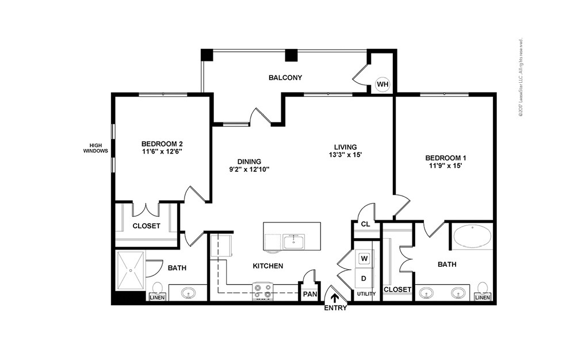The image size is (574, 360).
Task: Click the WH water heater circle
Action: point(382,85)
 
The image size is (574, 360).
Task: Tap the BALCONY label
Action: point(285,78)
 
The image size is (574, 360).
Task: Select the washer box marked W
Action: point(364,259)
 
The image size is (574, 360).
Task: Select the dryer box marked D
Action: point(364,278)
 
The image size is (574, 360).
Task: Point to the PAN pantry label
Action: point(310,294)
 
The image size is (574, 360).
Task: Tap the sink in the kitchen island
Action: point(294,242)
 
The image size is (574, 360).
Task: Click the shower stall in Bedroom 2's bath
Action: point(131,271)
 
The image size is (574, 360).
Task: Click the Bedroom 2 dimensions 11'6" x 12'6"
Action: point(162,152)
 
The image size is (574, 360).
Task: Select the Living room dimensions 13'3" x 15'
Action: point(345,155)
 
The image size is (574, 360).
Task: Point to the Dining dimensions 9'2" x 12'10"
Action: point(248,169)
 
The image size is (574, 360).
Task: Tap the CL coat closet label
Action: point(365,225)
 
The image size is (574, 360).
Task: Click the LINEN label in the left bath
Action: point(156,297)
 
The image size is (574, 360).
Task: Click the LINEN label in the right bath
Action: point(482,297)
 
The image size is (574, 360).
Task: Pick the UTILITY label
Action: point(366,294)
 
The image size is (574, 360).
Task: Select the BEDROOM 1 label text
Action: point(444,158)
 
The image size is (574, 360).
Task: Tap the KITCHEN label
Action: point(268,266)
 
